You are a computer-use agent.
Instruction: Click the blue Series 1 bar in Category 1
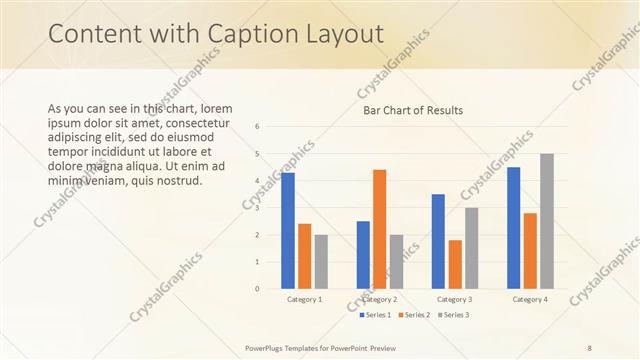[288, 231]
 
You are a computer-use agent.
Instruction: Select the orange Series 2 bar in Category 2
[379, 229]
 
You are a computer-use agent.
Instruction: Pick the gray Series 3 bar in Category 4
[546, 221]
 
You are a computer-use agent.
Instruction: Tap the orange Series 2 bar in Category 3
[455, 264]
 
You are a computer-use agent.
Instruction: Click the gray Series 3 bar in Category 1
[321, 262]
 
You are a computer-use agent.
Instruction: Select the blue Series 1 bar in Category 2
[363, 255]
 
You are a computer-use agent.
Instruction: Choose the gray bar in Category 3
[471, 248]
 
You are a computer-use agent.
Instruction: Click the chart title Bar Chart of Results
[413, 110]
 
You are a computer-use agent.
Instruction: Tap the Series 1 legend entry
[375, 315]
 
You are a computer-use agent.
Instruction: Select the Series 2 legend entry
[413, 315]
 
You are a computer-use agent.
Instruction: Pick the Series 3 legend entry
[452, 315]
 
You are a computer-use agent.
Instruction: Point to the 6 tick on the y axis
[258, 127]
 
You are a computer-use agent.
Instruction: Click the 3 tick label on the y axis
[258, 208]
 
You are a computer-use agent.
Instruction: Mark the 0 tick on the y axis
[258, 289]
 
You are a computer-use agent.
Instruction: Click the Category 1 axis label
[304, 300]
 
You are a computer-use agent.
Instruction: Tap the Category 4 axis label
[529, 300]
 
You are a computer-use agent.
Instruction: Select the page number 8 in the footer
[589, 347]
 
